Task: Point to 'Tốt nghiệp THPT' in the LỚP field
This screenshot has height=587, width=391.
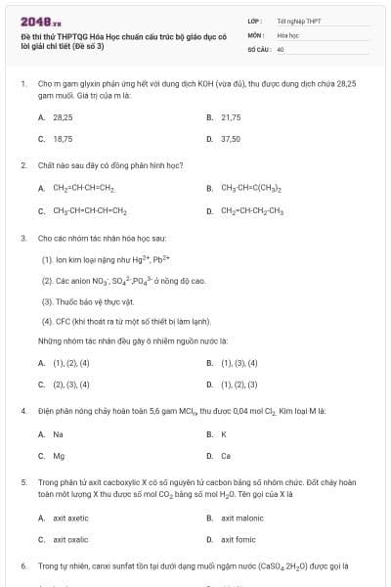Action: [x=292, y=20]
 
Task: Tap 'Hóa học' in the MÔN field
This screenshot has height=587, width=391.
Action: [x=287, y=34]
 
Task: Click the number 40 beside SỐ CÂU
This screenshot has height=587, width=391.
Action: [x=281, y=48]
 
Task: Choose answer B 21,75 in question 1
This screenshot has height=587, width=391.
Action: [x=231, y=116]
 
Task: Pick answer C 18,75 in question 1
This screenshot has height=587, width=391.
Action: [x=63, y=139]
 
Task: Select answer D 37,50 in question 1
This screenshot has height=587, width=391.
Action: [x=231, y=139]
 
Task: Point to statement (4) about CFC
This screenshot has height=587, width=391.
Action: [x=122, y=321]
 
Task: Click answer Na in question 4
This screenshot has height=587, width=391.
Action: [x=59, y=433]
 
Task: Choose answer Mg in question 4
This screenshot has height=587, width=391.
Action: [x=59, y=455]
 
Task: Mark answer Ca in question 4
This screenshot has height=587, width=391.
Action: [x=226, y=455]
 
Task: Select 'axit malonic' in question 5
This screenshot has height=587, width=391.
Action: [x=242, y=518]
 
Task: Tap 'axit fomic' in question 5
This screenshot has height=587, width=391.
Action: [x=239, y=539]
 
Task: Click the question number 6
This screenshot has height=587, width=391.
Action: [x=23, y=565]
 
